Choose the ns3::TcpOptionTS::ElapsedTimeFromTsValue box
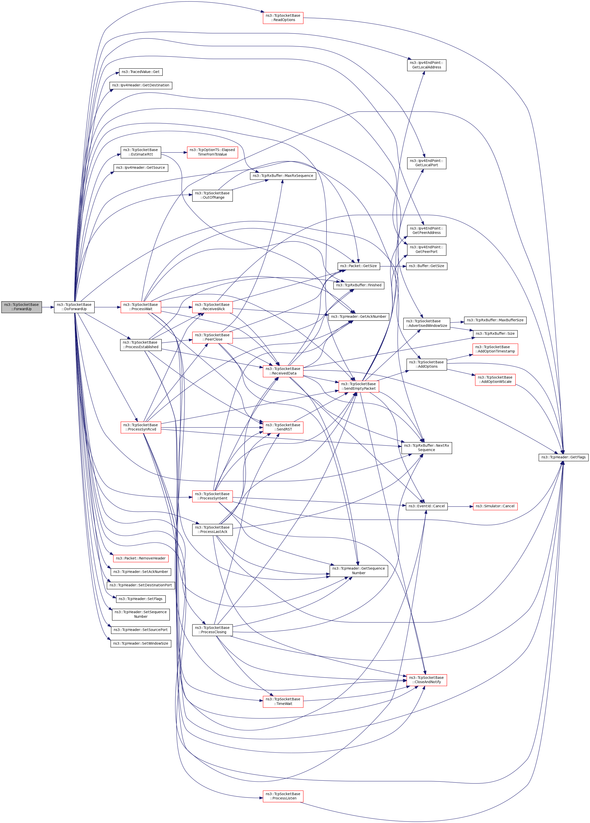212,152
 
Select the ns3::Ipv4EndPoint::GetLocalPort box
426,163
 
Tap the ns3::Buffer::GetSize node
426,266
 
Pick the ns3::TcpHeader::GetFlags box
563,457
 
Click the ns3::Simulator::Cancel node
495,506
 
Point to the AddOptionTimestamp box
495,349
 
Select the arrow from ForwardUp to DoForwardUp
48,307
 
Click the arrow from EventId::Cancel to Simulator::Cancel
460,506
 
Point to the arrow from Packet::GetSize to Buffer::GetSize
393,266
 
